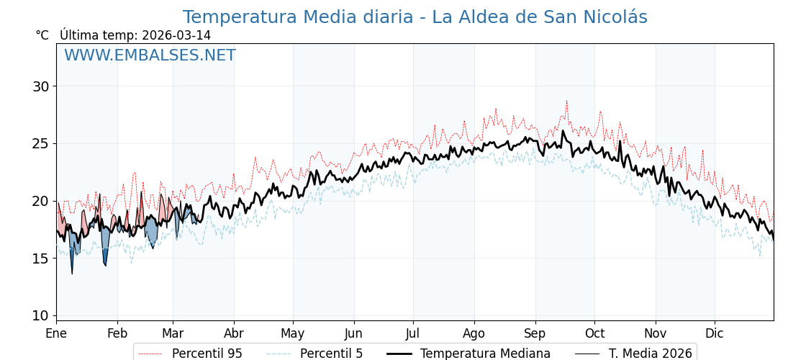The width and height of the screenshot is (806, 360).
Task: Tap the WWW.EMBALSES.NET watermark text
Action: coord(150,55)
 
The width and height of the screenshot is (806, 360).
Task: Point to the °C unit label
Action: coord(42,35)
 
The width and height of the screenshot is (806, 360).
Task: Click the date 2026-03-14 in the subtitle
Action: coord(176,35)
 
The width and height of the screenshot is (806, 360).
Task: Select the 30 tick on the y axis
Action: coord(40,86)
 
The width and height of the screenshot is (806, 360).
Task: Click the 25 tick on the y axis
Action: coord(40,143)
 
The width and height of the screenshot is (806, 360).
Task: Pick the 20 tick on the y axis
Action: coord(40,201)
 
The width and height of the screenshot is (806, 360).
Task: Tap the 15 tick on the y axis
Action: coord(40,258)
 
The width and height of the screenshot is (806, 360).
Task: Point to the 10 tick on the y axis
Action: coord(40,315)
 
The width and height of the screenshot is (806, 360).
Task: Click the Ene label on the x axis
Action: coord(56,334)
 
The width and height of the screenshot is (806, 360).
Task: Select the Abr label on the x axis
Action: coord(234,334)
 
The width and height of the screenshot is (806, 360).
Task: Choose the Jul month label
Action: coord(413,334)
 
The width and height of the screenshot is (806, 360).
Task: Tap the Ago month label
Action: coord(474,334)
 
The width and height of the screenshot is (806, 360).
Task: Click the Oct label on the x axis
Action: coord(594,334)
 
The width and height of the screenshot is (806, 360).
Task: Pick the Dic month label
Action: coord(715,334)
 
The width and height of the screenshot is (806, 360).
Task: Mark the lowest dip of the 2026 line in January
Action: coord(72,274)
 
